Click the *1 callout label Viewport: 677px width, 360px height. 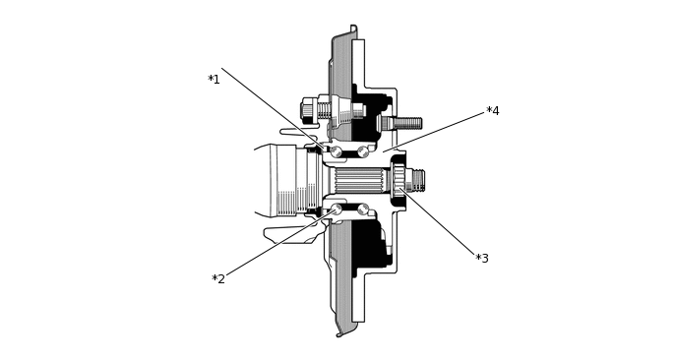tap(214, 80)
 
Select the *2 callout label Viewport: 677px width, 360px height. tap(218, 279)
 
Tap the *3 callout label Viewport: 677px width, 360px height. tap(482, 259)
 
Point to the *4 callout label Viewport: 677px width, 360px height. tap(493, 111)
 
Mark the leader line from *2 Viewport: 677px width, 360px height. tap(276, 246)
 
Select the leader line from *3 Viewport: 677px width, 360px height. tap(443, 224)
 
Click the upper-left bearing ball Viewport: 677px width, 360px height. tap(337, 151)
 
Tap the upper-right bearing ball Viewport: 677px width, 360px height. tap(363, 151)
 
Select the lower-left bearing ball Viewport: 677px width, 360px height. tap(337, 209)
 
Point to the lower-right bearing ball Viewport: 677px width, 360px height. tap(363, 209)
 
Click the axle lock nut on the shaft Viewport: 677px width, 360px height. tap(399, 180)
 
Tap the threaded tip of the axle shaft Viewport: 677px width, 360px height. tap(417, 180)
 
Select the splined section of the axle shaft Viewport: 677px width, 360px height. tap(358, 180)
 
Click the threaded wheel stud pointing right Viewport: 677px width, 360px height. tap(405, 123)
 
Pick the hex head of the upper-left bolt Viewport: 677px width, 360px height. tap(307, 110)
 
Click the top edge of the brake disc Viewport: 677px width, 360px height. tap(353, 29)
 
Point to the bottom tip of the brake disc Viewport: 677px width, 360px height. tap(341, 333)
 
